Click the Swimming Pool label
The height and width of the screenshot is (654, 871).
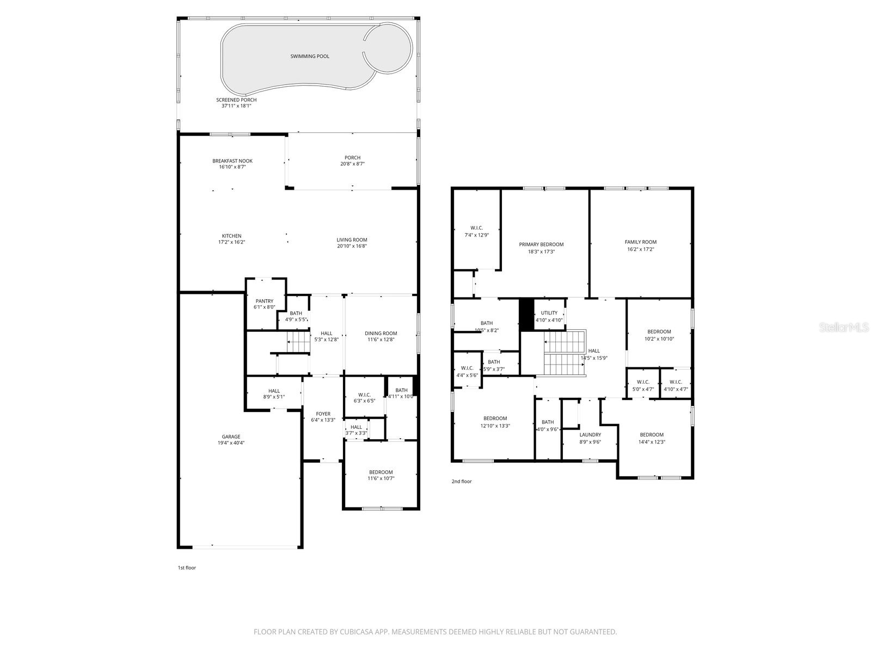coord(309,56)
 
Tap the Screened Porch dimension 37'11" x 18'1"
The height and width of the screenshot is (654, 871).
coord(236,106)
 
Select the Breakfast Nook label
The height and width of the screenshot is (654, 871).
coord(232,161)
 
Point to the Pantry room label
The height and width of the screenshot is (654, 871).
coord(264,301)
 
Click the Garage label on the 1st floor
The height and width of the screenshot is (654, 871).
coord(231,437)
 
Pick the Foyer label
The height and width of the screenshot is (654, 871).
coord(323,414)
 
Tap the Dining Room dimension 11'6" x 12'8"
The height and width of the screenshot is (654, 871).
coord(381,340)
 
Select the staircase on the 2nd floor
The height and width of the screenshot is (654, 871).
coord(565,353)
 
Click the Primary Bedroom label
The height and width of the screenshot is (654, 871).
coord(541,244)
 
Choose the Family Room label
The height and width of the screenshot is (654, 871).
coord(640,242)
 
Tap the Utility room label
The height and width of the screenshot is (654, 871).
coord(549,313)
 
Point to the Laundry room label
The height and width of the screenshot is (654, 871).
coord(590,434)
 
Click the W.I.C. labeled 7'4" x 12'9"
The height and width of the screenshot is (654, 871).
coord(476,228)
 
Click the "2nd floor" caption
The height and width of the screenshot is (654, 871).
coord(461,481)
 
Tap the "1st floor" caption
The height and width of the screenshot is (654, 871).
coord(187,568)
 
